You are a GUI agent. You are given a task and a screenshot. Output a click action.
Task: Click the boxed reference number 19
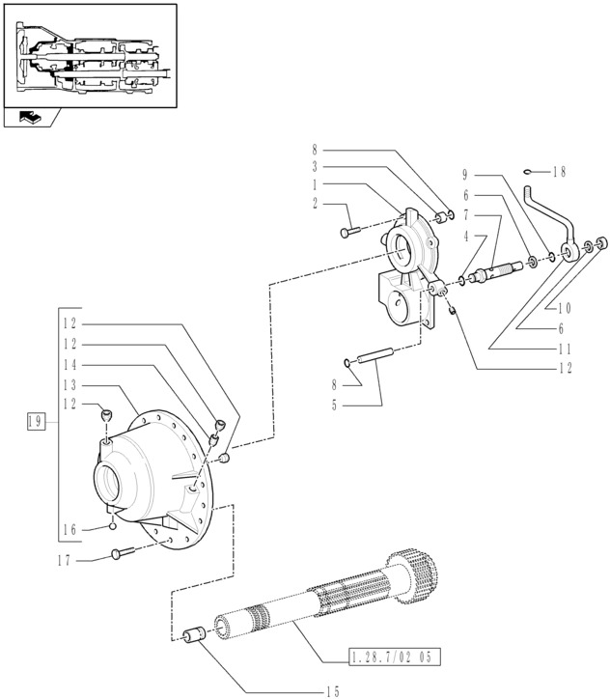tap(36, 421)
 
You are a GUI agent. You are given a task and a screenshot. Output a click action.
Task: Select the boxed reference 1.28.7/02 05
tap(395, 657)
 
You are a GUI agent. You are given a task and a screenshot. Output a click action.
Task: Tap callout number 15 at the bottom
tap(332, 691)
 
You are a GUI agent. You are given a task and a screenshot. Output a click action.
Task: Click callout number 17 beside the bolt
tap(65, 560)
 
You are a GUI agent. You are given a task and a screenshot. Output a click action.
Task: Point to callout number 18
tap(559, 172)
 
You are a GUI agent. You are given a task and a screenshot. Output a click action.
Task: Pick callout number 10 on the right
tap(564, 308)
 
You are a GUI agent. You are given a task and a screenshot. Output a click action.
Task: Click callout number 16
tap(69, 530)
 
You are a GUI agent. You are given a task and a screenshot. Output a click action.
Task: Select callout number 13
tap(69, 385)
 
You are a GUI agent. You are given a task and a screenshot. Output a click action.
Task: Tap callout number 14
tap(69, 365)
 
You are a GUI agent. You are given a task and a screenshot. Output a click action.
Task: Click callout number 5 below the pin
tap(334, 405)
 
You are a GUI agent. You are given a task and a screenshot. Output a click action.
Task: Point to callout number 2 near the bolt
tap(315, 204)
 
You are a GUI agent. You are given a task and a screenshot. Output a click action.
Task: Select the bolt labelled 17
tap(123, 553)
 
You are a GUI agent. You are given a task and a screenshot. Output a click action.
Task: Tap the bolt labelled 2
tap(350, 232)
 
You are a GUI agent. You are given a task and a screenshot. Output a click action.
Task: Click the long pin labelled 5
tap(374, 355)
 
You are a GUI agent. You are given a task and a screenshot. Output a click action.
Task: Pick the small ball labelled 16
tap(113, 526)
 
